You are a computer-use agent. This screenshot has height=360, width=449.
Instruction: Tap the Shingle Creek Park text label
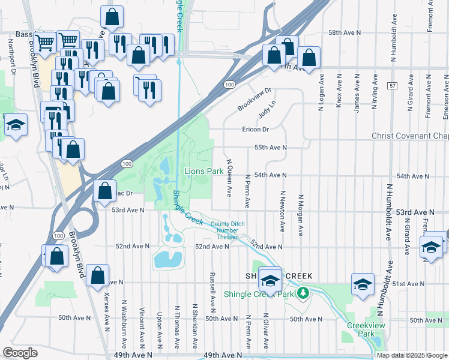click(259, 294)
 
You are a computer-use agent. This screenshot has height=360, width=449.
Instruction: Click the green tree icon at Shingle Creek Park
click(304, 293)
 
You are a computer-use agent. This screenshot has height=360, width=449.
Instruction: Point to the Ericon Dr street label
click(254, 129)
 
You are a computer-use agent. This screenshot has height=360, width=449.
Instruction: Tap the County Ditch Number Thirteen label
click(228, 230)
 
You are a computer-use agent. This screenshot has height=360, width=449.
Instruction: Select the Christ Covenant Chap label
click(410, 136)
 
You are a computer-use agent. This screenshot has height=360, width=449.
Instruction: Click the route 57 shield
click(391, 86)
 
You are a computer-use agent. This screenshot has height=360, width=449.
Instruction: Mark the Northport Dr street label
click(11, 58)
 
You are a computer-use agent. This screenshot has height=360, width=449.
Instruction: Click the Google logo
click(20, 353)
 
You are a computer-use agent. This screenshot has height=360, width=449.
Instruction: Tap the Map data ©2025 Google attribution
click(412, 355)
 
